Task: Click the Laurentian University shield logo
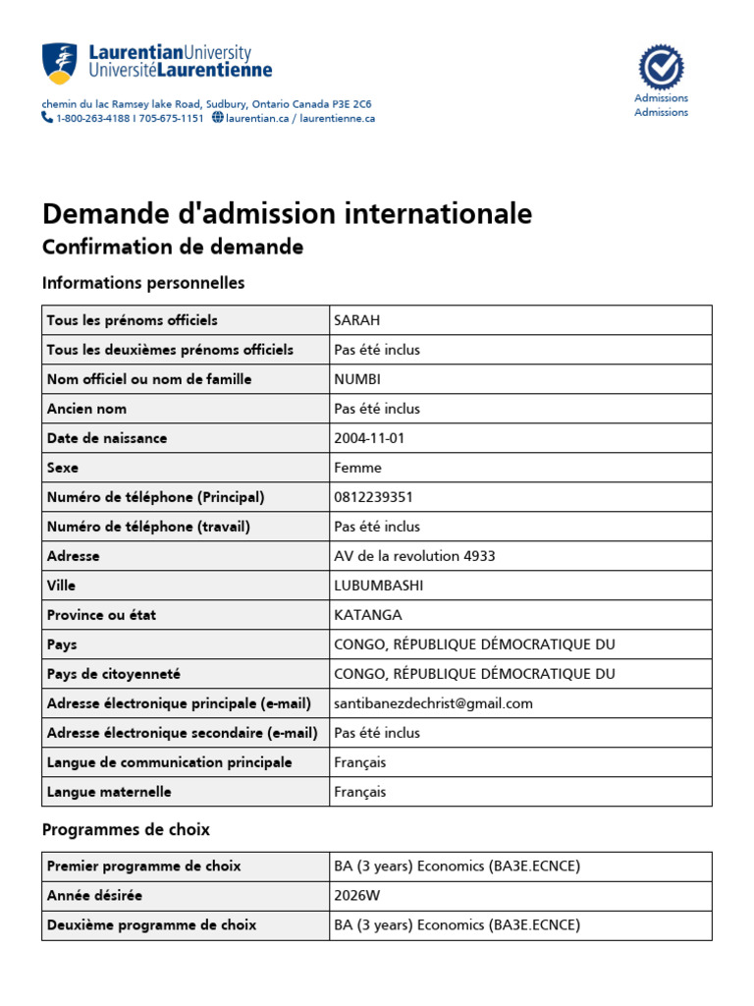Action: pos(59,63)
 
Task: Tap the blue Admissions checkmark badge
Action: pos(661,68)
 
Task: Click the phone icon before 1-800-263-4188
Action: pos(47,117)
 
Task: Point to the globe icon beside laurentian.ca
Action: pos(217,118)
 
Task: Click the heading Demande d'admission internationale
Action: pos(287,213)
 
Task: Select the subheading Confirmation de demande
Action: pos(173,247)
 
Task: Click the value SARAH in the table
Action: pos(356,320)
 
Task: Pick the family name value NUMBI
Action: pos(357,379)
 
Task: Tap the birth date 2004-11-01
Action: pos(369,438)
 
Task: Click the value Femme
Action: pos(357,468)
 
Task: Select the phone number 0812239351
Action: pos(373,497)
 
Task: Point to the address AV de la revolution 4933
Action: pos(414,556)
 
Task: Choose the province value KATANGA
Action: pos(368,615)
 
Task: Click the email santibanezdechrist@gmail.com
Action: pos(433,703)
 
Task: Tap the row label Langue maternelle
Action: pos(109,792)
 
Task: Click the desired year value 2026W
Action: pos(355,896)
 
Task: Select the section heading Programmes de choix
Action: pos(126,830)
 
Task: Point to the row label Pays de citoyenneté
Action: pos(114,674)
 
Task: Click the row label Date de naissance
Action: pos(107,438)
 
